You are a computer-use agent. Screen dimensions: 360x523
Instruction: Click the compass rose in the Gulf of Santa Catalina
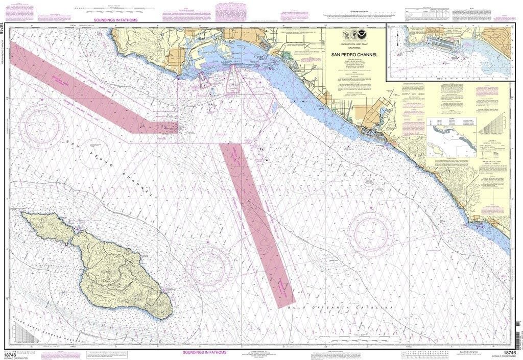371,232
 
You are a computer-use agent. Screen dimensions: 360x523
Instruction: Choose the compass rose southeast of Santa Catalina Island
208,266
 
